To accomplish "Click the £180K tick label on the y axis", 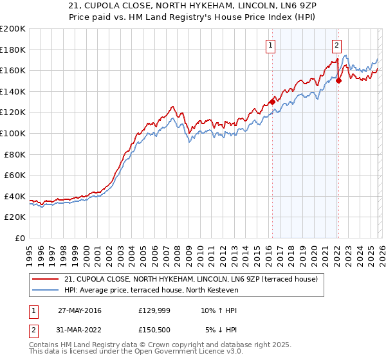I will click(13, 50).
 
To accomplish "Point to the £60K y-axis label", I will click(15, 175).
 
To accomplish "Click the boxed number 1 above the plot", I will click(270, 45).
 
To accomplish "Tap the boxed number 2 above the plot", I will click(336, 45).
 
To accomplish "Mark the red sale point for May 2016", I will click(272, 102).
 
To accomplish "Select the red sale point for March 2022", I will click(338, 80).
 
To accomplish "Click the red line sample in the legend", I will click(46, 279).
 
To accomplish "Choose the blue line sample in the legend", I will click(46, 291).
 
